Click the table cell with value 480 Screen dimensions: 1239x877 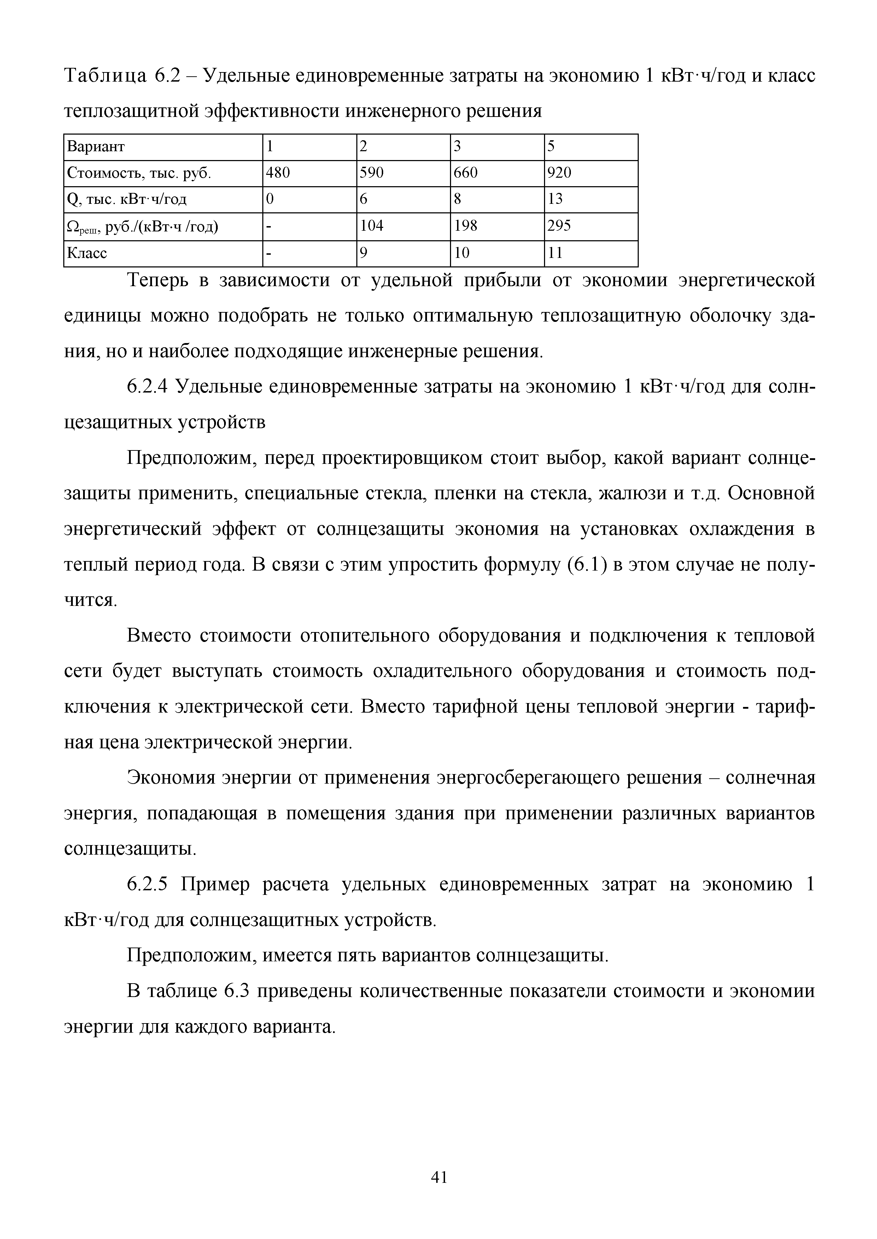278,173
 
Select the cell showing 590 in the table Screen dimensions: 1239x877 372,173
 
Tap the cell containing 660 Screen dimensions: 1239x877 466,173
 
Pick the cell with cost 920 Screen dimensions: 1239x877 560,173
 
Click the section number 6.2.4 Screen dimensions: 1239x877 148,387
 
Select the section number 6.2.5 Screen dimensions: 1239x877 148,884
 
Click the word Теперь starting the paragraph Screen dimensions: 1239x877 162,281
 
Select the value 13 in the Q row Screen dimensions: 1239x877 555,200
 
